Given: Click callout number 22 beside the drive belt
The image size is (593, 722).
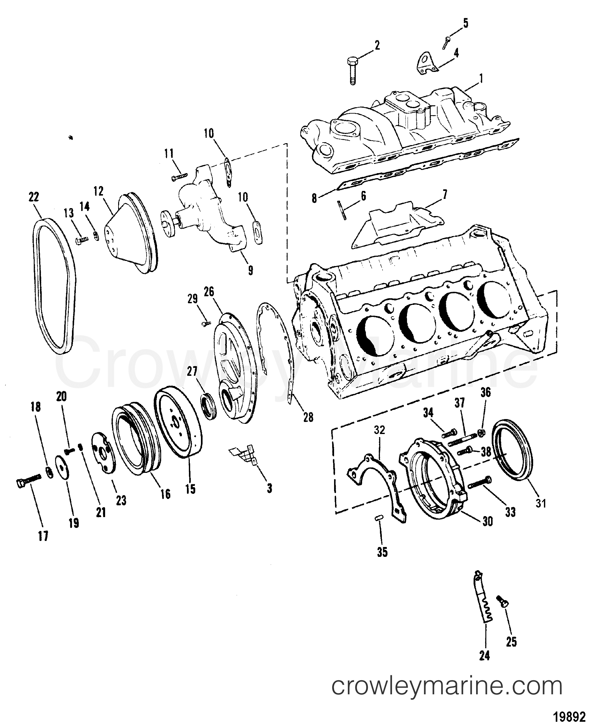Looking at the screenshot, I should click(34, 198).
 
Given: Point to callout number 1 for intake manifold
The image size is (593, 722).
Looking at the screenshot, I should click(481, 80).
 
